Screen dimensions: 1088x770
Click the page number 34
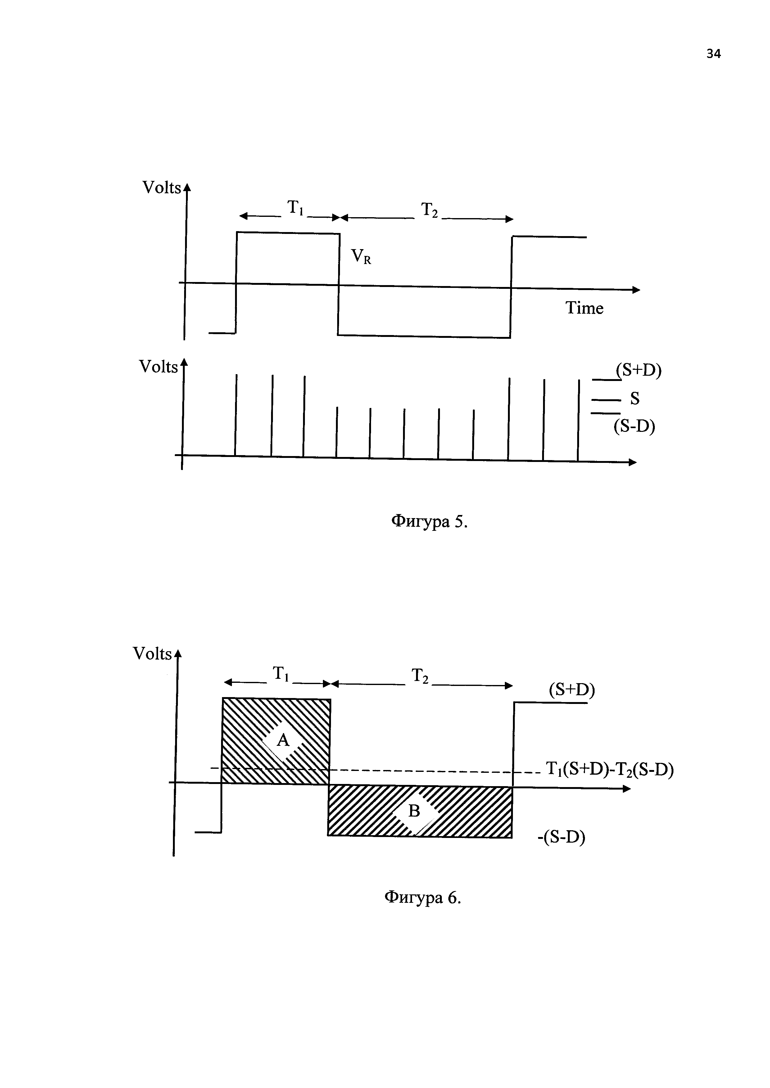[x=713, y=54]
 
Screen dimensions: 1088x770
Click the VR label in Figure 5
[x=361, y=257]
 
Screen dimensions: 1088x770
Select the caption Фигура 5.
[x=429, y=522]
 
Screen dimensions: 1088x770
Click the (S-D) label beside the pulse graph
[x=634, y=427]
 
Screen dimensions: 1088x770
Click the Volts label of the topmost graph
[x=162, y=188]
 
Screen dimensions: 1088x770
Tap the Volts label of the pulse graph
[x=158, y=367]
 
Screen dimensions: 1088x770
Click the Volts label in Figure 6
[x=152, y=654]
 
